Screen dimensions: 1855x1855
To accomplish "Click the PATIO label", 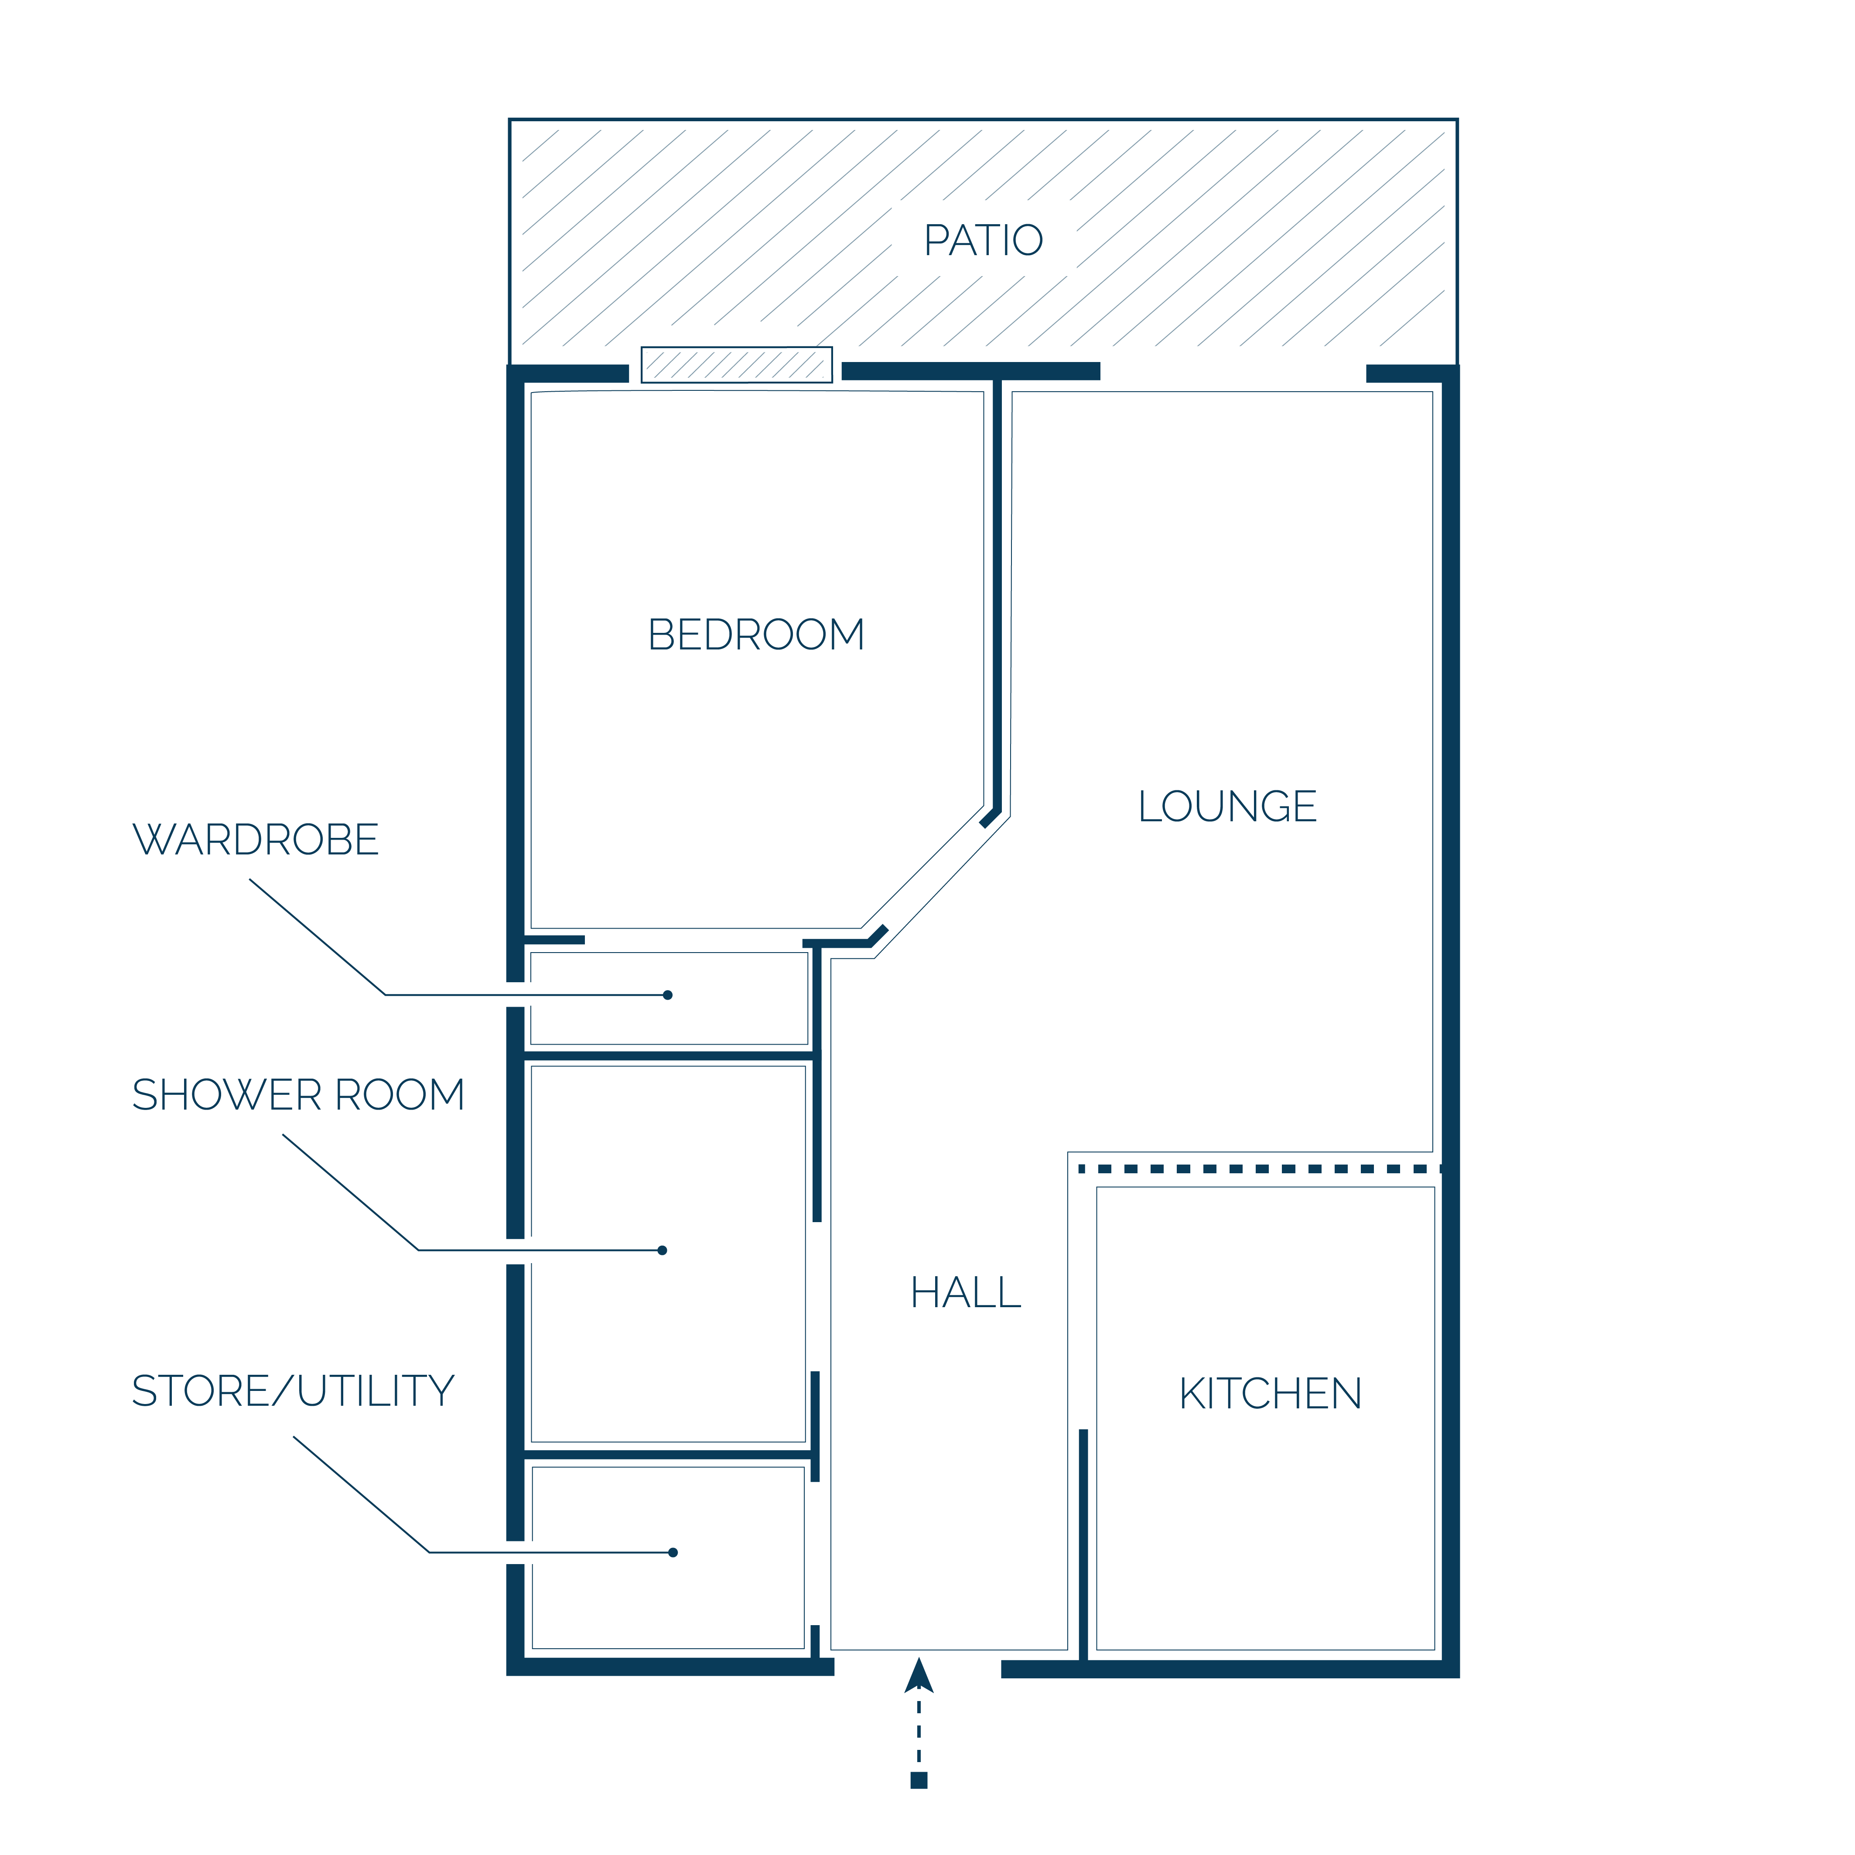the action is click(983, 240).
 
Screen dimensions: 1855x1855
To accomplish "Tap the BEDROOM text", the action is click(757, 635).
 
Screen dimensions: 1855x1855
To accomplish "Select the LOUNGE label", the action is click(1227, 806).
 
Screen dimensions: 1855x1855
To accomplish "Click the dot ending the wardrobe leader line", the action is click(667, 995).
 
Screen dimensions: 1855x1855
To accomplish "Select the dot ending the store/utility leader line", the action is click(673, 1553).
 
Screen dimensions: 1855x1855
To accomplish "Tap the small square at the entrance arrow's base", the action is click(919, 1781).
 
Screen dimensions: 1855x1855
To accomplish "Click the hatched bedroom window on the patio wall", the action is click(736, 365).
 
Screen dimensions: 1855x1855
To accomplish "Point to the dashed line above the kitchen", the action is click(1260, 1169).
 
